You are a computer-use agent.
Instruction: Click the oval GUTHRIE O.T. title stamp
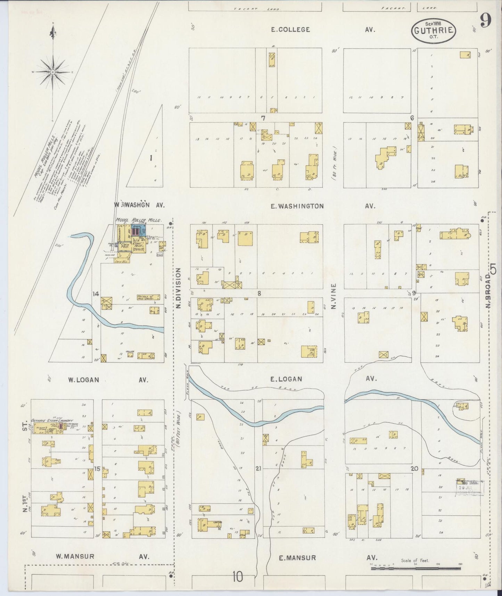(433, 31)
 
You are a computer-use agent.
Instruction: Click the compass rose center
(52, 72)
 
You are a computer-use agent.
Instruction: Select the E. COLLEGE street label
(290, 30)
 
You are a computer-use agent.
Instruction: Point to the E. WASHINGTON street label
(297, 206)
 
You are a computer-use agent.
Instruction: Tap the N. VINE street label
(334, 296)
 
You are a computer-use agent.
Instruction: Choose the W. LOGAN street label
(83, 380)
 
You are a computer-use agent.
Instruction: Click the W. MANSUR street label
(75, 556)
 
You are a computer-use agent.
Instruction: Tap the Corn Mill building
(124, 246)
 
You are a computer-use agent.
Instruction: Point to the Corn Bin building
(122, 259)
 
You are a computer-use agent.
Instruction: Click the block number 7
(263, 118)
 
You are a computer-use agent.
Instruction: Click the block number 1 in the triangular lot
(151, 158)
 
